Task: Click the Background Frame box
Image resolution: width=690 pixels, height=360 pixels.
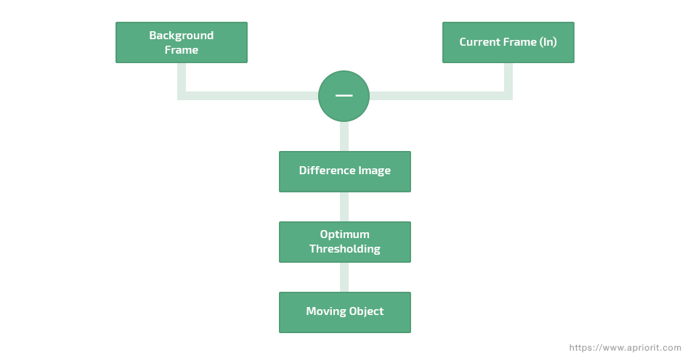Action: (181, 42)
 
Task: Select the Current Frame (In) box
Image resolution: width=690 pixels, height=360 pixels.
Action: (508, 42)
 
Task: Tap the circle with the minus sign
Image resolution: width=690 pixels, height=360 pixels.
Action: (344, 96)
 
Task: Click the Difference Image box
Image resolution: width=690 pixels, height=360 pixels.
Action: (344, 171)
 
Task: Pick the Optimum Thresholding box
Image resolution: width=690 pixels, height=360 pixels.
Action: (344, 242)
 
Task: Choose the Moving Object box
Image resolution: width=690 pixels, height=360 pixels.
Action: (344, 312)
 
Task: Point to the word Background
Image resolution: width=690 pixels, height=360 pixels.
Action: (181, 35)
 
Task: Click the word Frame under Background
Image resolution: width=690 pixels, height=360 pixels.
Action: (181, 50)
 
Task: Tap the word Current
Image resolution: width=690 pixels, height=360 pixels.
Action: (479, 42)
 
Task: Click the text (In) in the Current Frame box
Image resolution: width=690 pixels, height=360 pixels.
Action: (548, 42)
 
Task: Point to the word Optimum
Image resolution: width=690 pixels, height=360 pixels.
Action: (344, 234)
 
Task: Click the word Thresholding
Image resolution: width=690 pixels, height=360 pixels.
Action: (344, 249)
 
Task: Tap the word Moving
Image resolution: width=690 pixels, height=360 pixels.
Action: (325, 311)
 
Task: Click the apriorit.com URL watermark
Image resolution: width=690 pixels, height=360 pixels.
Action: (625, 348)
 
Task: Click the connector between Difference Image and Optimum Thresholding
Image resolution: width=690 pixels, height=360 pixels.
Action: (344, 207)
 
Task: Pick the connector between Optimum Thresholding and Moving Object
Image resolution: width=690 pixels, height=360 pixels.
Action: (344, 277)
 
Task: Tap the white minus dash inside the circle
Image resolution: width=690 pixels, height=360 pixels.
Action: (344, 96)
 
